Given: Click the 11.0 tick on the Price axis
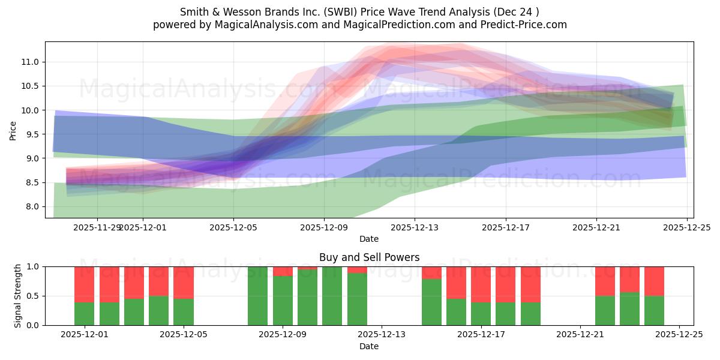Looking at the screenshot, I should [x=31, y=62].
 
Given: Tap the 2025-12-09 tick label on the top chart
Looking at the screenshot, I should [x=324, y=228].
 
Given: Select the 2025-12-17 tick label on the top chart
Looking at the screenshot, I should [x=505, y=228].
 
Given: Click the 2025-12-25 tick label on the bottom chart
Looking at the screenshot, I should [x=679, y=335].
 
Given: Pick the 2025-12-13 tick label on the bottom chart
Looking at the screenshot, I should [x=382, y=335].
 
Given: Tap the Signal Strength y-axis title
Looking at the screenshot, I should [x=18, y=296].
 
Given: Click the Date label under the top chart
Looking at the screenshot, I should [x=369, y=239].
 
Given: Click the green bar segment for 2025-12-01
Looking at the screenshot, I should [x=85, y=313].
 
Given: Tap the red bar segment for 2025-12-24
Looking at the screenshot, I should [x=654, y=281].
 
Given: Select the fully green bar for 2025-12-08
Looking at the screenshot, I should [x=258, y=296].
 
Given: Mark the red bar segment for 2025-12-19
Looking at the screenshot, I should [x=530, y=284].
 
